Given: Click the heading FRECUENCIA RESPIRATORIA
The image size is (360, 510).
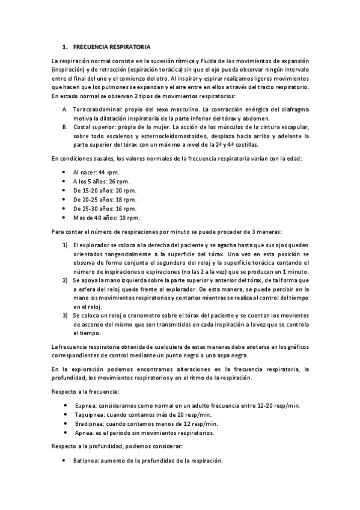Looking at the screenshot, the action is coord(112,46).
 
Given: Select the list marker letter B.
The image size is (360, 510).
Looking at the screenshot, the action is coord(65,127).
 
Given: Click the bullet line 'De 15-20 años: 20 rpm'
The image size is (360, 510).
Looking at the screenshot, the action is coord(105,190).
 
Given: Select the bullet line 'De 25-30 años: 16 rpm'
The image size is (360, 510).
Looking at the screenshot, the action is coord(105,208).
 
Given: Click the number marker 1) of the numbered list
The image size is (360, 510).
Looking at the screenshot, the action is coord(65,245).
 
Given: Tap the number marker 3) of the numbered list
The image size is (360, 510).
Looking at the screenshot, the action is coord(65,315).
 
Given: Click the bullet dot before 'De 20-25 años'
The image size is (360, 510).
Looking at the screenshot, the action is coord(65,199).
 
